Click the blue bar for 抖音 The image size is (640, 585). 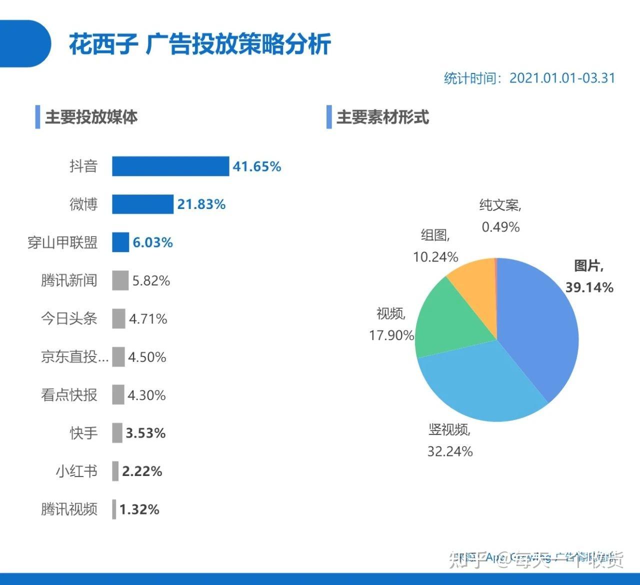(x=170, y=166)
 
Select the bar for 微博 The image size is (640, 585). (x=142, y=204)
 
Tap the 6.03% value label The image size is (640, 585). (x=152, y=243)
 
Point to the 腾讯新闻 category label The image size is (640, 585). (x=69, y=280)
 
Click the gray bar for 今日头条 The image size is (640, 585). (x=118, y=318)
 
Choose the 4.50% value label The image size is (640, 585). (x=147, y=357)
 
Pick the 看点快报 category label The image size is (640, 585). (x=69, y=395)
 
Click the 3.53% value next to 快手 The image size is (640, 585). (x=145, y=433)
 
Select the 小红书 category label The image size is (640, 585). (x=76, y=471)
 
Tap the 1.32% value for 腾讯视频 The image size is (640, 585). (x=139, y=509)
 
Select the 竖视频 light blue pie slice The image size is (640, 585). (x=475, y=385)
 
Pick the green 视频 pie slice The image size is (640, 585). (x=445, y=320)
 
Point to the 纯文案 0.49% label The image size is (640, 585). (x=500, y=216)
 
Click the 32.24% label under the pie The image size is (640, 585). (x=450, y=451)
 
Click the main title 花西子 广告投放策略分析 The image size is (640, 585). (x=200, y=44)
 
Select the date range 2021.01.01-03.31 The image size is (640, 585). (x=562, y=78)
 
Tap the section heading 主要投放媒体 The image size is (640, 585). (x=91, y=117)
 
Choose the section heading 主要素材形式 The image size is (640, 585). (x=382, y=117)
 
